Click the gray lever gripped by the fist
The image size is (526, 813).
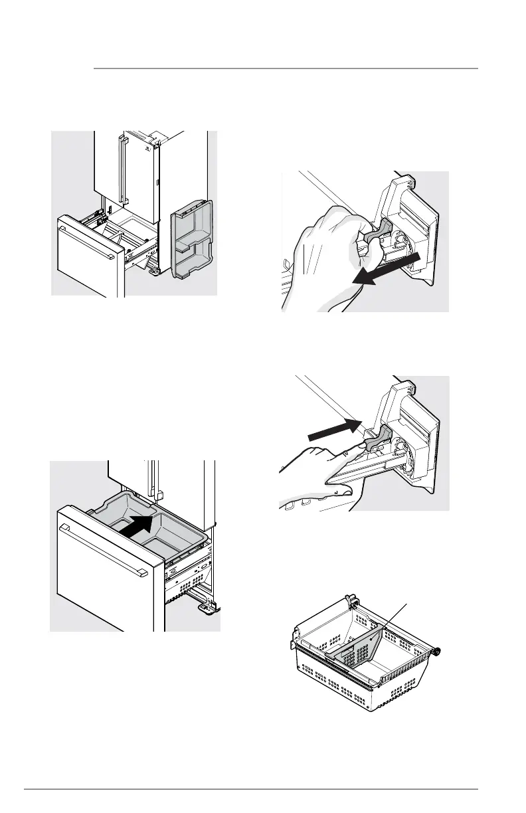coord(375,240)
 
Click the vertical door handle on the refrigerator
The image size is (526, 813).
coord(122,169)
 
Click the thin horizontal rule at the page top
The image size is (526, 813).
coord(286,68)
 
